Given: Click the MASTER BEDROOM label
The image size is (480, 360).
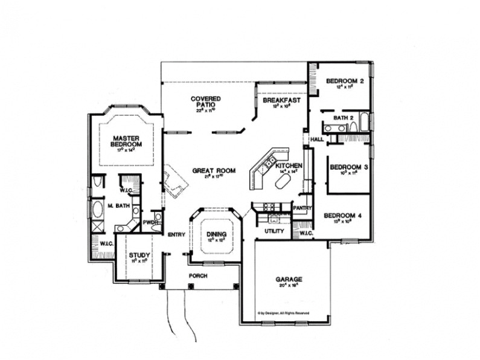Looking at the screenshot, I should pos(126,141).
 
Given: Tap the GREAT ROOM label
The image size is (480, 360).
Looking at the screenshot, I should pos(208,170).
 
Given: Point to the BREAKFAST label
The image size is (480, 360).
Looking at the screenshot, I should pos(281,100).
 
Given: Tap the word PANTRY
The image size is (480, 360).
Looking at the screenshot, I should pos(301,208).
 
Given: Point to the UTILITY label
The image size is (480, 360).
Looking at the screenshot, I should pos(274,231).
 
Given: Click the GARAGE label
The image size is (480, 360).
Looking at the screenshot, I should pos(289,279).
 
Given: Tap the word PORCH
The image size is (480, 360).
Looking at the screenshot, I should pos(197,275).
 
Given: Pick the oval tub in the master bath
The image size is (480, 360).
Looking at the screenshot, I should pos(98,210).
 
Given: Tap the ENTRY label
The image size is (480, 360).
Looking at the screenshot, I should pos(176,234).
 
